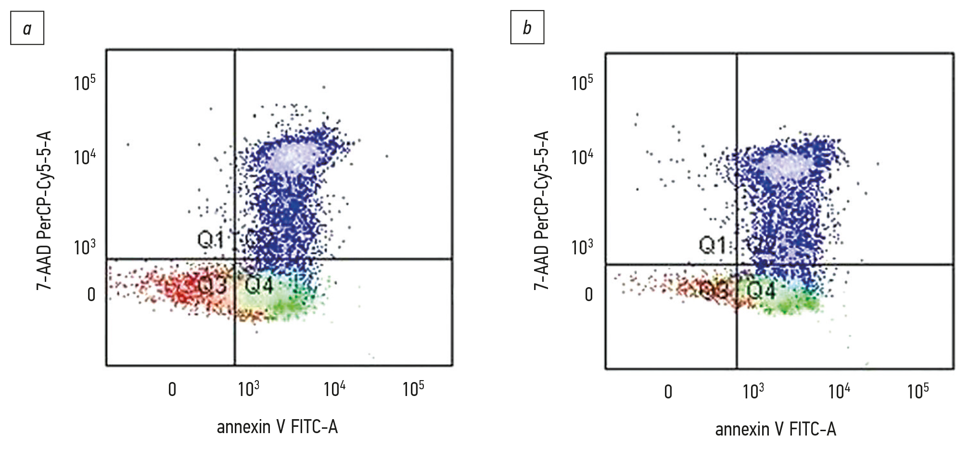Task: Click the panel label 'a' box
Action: (27, 28)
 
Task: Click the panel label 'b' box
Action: (527, 27)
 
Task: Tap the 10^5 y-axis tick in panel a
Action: (85, 82)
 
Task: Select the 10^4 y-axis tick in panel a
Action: (85, 157)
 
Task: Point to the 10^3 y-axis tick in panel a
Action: (85, 246)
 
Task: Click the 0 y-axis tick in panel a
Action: (91, 294)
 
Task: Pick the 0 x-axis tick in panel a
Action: (172, 389)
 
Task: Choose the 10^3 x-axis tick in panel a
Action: (249, 388)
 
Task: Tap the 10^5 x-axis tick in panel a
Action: (413, 388)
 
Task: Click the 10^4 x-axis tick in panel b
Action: (839, 391)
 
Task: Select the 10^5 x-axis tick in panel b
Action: (918, 391)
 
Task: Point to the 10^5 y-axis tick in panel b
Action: (582, 82)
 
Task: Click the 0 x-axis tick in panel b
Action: (668, 392)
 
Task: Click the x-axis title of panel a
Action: (277, 427)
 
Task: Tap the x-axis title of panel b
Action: (776, 429)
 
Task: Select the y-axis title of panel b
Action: (542, 210)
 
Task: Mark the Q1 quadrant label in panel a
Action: (211, 239)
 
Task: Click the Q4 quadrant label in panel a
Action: (259, 285)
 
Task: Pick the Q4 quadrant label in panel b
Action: (761, 290)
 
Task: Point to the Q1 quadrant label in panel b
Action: (712, 245)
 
